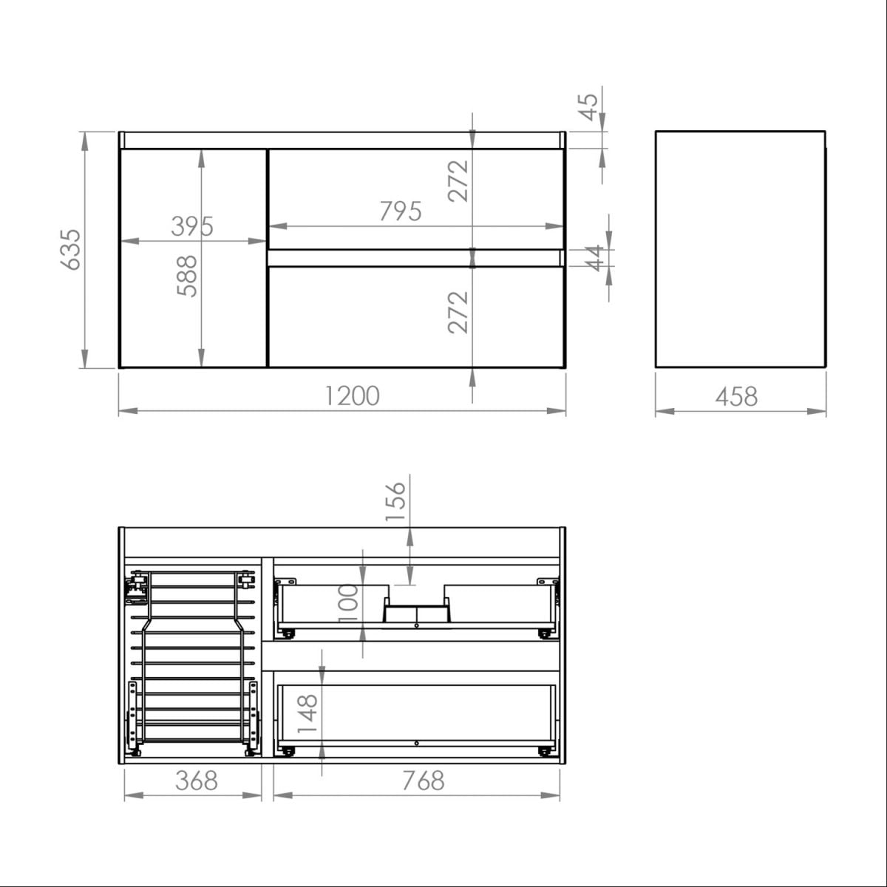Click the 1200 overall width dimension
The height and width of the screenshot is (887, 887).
point(352,396)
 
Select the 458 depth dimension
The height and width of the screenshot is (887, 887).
point(736,396)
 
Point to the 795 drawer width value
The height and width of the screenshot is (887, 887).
point(401,211)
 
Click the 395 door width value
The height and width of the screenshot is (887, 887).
point(192,226)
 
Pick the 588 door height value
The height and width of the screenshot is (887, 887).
point(187,276)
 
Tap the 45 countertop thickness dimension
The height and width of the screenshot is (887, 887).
point(588,107)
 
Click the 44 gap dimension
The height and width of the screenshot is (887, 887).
point(596,258)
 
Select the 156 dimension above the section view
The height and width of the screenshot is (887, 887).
point(395,502)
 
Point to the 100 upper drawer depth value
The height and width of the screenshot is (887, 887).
point(348,603)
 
